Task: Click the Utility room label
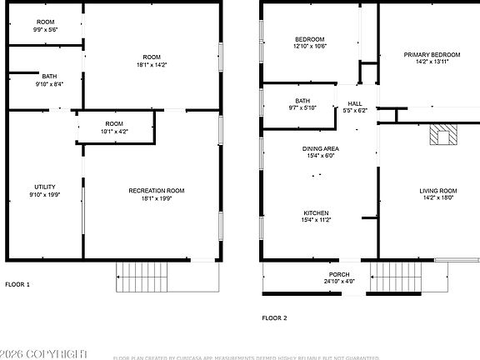click(44, 187)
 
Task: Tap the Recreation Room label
click(156, 191)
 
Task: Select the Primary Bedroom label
click(426, 55)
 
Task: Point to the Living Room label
click(437, 191)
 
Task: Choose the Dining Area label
click(320, 149)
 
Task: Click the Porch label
click(338, 274)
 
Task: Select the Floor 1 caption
click(17, 285)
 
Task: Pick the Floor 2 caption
click(274, 317)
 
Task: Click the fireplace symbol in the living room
click(441, 135)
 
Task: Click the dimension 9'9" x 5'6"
click(45, 29)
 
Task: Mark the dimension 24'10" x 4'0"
click(338, 282)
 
